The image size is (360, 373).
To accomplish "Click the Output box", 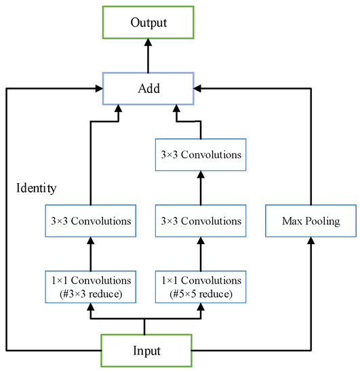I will point(147,23).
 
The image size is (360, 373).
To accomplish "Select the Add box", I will point(147,88).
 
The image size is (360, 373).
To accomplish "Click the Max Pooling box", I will point(311,221).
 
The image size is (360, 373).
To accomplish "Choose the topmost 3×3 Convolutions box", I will point(201,155).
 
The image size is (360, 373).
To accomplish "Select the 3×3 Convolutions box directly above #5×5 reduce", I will point(201,221).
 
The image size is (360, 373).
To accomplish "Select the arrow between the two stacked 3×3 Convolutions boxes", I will point(201,188).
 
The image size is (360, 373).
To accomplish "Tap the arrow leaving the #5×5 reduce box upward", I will point(201,254).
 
